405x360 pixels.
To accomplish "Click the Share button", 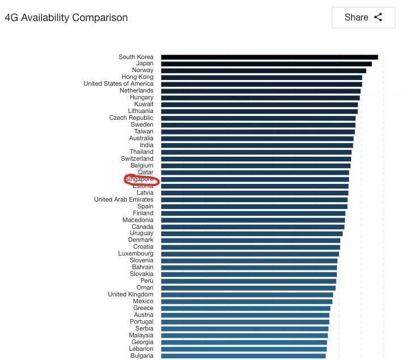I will (x=363, y=18).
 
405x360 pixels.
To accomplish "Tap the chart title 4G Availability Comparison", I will (x=66, y=18).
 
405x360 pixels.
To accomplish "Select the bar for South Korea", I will (x=269, y=57).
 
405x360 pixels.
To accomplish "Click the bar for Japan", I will (x=266, y=64).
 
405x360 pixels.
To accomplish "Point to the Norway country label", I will (x=142, y=70).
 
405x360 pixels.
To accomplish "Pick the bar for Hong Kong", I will (x=261, y=77).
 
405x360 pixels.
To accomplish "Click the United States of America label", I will (x=119, y=84).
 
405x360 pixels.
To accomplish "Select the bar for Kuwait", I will (x=259, y=104).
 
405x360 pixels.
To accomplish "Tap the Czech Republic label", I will (x=131, y=118).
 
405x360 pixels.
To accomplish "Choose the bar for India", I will (x=256, y=145).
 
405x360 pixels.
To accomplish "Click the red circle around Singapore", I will (x=142, y=180).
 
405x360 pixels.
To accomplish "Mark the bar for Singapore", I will (x=255, y=179).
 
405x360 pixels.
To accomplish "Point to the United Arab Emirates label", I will (x=124, y=200).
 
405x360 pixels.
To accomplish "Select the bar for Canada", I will (x=252, y=227).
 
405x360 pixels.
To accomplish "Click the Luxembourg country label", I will (x=136, y=254).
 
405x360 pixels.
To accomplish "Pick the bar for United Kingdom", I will (x=247, y=295).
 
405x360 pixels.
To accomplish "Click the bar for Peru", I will (x=248, y=281).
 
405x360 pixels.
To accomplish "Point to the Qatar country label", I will (x=145, y=173).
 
